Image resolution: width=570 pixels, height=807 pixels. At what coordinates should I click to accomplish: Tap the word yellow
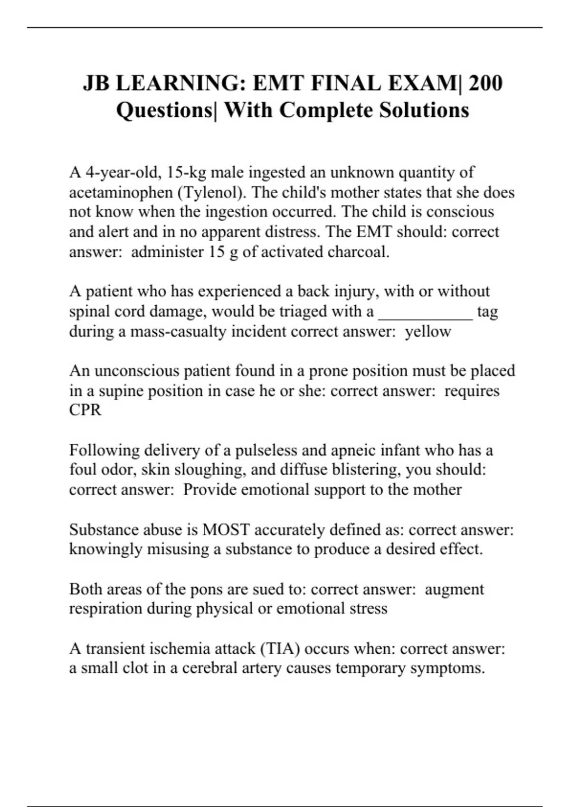(427, 331)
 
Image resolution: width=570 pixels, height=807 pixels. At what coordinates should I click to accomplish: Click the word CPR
(85, 410)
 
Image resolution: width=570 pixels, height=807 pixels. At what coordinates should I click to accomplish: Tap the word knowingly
(105, 549)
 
